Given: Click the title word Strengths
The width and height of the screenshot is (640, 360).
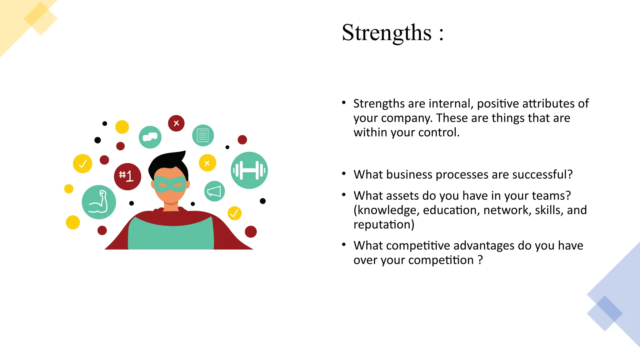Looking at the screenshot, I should coord(387,33).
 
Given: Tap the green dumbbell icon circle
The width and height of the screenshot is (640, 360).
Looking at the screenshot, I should coord(249,170).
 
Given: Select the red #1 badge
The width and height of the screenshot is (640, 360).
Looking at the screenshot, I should coord(127,177).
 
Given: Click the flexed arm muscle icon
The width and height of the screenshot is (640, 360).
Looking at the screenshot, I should coord(99,202).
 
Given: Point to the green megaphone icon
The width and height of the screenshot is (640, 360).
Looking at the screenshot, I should coord(214,191).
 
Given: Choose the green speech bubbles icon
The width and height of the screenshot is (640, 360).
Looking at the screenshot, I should coord(150,137).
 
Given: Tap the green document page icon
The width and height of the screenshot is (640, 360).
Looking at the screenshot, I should coord(203,136).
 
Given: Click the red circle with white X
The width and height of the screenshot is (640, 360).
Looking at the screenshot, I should coord(176,123).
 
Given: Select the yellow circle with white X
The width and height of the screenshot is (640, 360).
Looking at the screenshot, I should coord(207,163).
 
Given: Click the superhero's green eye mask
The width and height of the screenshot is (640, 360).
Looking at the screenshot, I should coord(170,184).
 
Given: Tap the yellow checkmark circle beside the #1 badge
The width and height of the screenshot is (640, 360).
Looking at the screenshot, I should coord(82,163).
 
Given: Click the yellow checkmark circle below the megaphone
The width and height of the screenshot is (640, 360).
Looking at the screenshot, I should coord(234,213).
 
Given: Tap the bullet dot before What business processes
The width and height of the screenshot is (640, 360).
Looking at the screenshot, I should coord(344,174).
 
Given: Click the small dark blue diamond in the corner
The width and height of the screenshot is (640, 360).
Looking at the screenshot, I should coord(605,313).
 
